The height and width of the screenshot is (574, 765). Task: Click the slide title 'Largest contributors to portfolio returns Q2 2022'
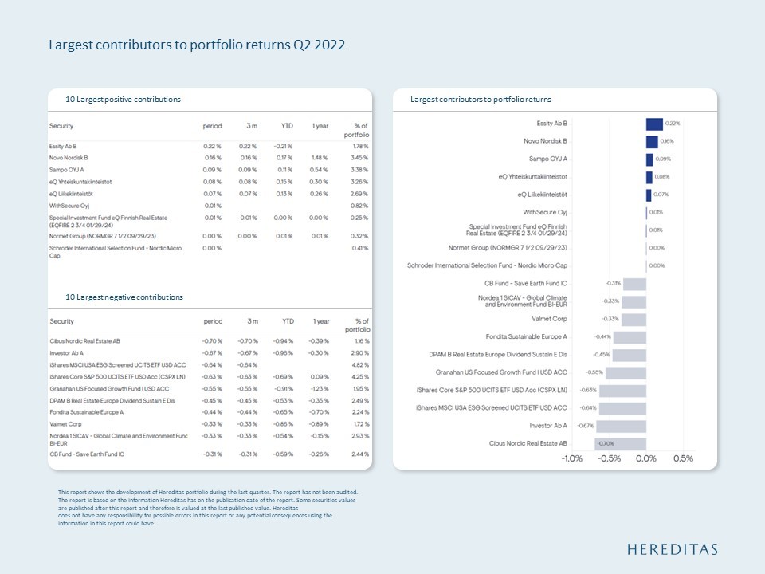[x=197, y=45]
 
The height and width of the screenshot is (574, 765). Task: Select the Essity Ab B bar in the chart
[x=654, y=124]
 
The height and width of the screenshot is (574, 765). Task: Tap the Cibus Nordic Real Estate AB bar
[x=620, y=442]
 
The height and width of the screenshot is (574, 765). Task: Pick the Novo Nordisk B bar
[x=652, y=141]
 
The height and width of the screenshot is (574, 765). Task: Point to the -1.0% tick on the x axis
[x=571, y=458]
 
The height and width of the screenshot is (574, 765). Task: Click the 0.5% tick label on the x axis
[x=682, y=458]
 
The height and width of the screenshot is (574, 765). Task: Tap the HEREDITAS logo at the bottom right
[x=672, y=548]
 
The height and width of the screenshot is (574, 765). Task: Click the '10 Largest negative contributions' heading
[x=124, y=297]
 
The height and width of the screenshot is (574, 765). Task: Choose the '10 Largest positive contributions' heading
[x=123, y=100]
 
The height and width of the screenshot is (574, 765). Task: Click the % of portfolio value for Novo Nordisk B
[x=359, y=159]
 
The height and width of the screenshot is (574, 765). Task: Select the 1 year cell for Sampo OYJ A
[x=320, y=170]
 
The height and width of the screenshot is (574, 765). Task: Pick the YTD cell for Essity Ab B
[x=284, y=147]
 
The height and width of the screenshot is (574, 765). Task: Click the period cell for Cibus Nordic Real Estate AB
[x=212, y=340]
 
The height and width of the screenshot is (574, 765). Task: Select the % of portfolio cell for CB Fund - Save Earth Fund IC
[x=359, y=454]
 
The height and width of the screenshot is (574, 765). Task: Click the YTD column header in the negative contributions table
[x=288, y=321]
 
